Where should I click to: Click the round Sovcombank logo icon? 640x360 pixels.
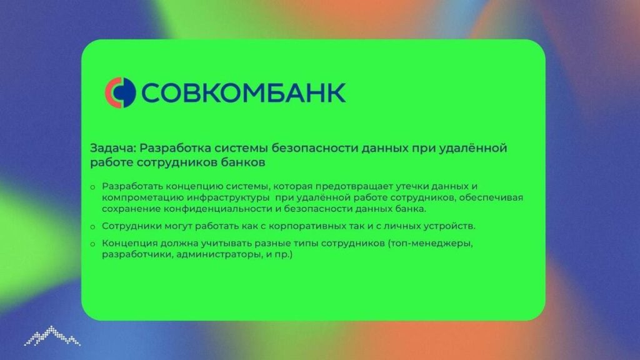tap(120, 92)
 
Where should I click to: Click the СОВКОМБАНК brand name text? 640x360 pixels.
tap(243, 92)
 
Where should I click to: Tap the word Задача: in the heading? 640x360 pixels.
tap(112, 148)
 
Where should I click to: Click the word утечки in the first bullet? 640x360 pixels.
tap(411, 186)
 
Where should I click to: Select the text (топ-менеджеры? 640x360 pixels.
tap(430, 243)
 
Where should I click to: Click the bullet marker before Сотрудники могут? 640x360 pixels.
tap(92, 227)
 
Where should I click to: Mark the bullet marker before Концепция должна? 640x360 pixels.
tap(92, 244)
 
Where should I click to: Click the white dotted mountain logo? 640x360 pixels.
tap(52, 336)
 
